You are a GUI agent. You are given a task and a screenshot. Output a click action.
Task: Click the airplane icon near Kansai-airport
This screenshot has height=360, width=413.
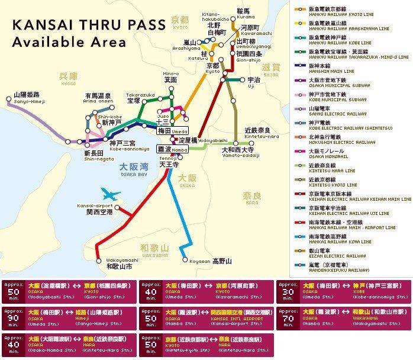tap(111, 194)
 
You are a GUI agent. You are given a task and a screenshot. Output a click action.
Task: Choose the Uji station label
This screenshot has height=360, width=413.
tap(254, 82)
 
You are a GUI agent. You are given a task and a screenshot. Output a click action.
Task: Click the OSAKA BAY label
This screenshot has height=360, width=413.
tap(133, 169)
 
